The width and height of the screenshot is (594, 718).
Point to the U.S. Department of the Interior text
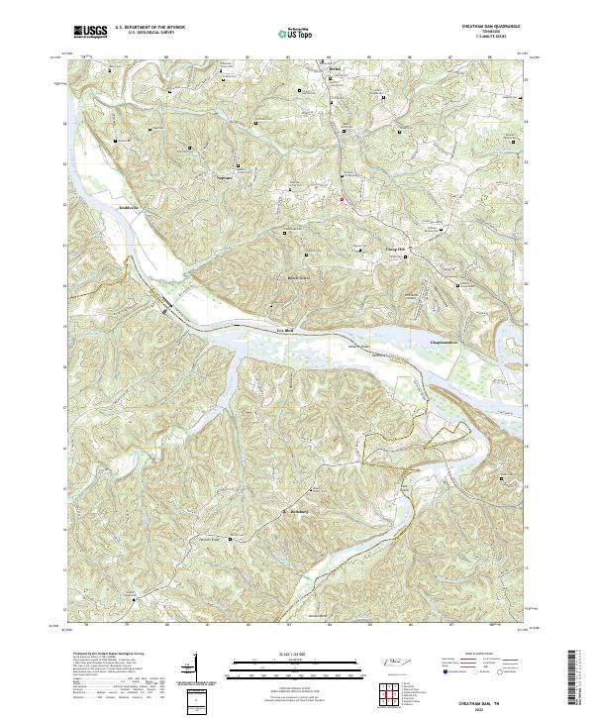[149, 27]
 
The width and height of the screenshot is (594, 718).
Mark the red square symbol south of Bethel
[344, 201]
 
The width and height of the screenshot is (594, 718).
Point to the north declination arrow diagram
[194, 669]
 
